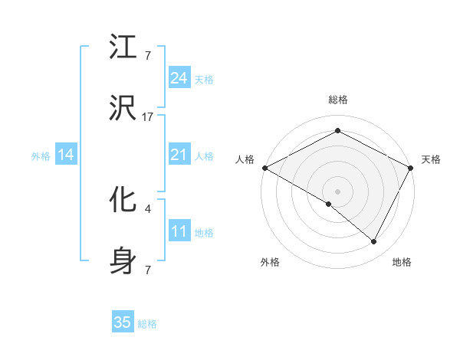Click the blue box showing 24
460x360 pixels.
click(x=179, y=77)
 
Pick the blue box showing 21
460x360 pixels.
click(x=179, y=155)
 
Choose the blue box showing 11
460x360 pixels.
click(x=179, y=231)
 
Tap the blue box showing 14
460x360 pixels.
click(x=66, y=155)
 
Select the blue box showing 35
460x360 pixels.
click(x=123, y=322)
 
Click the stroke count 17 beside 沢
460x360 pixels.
click(x=148, y=117)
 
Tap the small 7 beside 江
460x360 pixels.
click(x=148, y=55)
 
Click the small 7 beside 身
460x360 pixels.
click(x=148, y=270)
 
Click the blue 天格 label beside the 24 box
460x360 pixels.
click(x=204, y=79)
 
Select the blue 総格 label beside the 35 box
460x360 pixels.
click(x=147, y=324)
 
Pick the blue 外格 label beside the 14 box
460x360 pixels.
click(x=41, y=156)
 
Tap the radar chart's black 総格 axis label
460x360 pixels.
click(x=338, y=100)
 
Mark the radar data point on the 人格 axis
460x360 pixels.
click(x=264, y=167)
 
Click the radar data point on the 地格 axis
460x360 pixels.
click(x=374, y=242)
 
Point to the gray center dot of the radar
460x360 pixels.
click(x=338, y=191)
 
